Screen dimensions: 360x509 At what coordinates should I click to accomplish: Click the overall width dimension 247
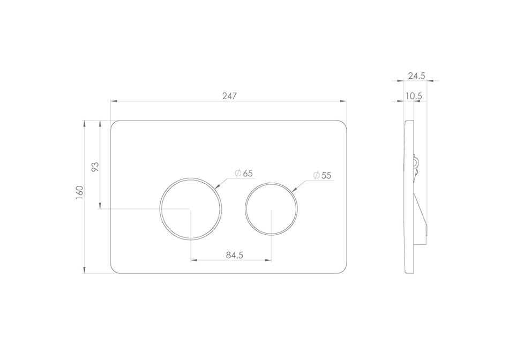click(229, 96)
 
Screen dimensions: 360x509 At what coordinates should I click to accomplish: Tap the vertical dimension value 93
click(95, 167)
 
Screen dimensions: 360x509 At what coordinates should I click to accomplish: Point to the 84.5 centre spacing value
click(234, 255)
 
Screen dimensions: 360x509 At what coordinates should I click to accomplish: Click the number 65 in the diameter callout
click(248, 173)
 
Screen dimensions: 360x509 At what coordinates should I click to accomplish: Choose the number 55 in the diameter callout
click(326, 175)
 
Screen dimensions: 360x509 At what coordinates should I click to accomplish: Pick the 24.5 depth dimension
click(416, 76)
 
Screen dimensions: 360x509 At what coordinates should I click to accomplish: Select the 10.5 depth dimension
click(414, 96)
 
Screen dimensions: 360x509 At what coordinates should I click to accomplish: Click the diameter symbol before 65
click(237, 173)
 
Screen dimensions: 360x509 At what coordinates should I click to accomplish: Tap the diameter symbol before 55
click(316, 175)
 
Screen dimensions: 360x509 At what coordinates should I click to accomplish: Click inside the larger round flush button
click(190, 208)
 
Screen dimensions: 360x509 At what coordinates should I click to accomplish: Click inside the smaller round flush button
click(271, 209)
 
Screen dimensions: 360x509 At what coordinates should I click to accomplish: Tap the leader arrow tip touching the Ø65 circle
click(216, 187)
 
